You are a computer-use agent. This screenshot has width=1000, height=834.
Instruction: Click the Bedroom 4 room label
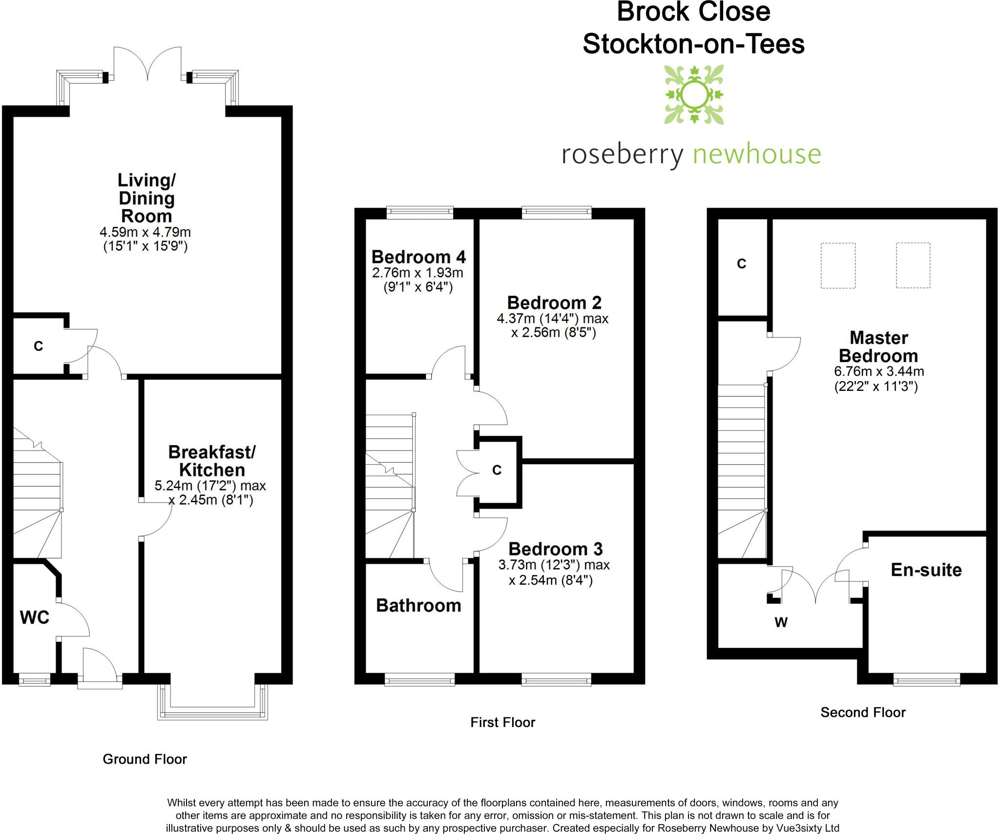pyautogui.click(x=418, y=257)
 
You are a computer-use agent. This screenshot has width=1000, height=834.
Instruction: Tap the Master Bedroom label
pyautogui.click(x=878, y=347)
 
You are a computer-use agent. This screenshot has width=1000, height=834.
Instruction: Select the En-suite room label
pyautogui.click(x=926, y=570)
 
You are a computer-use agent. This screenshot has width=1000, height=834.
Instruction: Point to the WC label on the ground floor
pyautogui.click(x=35, y=618)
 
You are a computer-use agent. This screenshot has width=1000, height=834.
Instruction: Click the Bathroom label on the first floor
pyautogui.click(x=418, y=606)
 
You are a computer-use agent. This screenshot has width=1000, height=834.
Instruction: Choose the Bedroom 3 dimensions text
pyautogui.click(x=554, y=573)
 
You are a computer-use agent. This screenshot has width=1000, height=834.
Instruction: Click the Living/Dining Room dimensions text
pyautogui.click(x=146, y=239)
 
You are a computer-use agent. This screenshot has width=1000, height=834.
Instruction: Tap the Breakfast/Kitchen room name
pyautogui.click(x=212, y=461)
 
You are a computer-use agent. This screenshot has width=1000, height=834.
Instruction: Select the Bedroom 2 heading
pyautogui.click(x=554, y=303)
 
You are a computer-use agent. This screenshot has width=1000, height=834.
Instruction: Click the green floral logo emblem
pyautogui.click(x=693, y=95)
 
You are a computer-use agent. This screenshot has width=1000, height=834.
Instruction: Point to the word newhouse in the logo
pyautogui.click(x=757, y=154)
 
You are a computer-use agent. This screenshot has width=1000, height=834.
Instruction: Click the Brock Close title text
pyautogui.click(x=693, y=12)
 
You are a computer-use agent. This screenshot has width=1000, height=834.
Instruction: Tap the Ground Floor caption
pyautogui.click(x=145, y=759)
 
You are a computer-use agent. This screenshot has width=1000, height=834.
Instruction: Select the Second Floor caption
pyautogui.click(x=863, y=712)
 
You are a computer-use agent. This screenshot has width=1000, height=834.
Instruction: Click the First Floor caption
pyautogui.click(x=502, y=722)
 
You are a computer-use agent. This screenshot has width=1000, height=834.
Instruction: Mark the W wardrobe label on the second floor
pyautogui.click(x=781, y=622)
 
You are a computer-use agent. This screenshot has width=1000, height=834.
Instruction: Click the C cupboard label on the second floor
pyautogui.click(x=741, y=264)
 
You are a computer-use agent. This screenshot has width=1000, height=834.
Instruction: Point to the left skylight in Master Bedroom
pyautogui.click(x=837, y=265)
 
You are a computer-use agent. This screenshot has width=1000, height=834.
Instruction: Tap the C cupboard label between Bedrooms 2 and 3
pyautogui.click(x=497, y=470)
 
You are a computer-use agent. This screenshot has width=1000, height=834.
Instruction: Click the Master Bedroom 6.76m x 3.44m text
pyautogui.click(x=878, y=379)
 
